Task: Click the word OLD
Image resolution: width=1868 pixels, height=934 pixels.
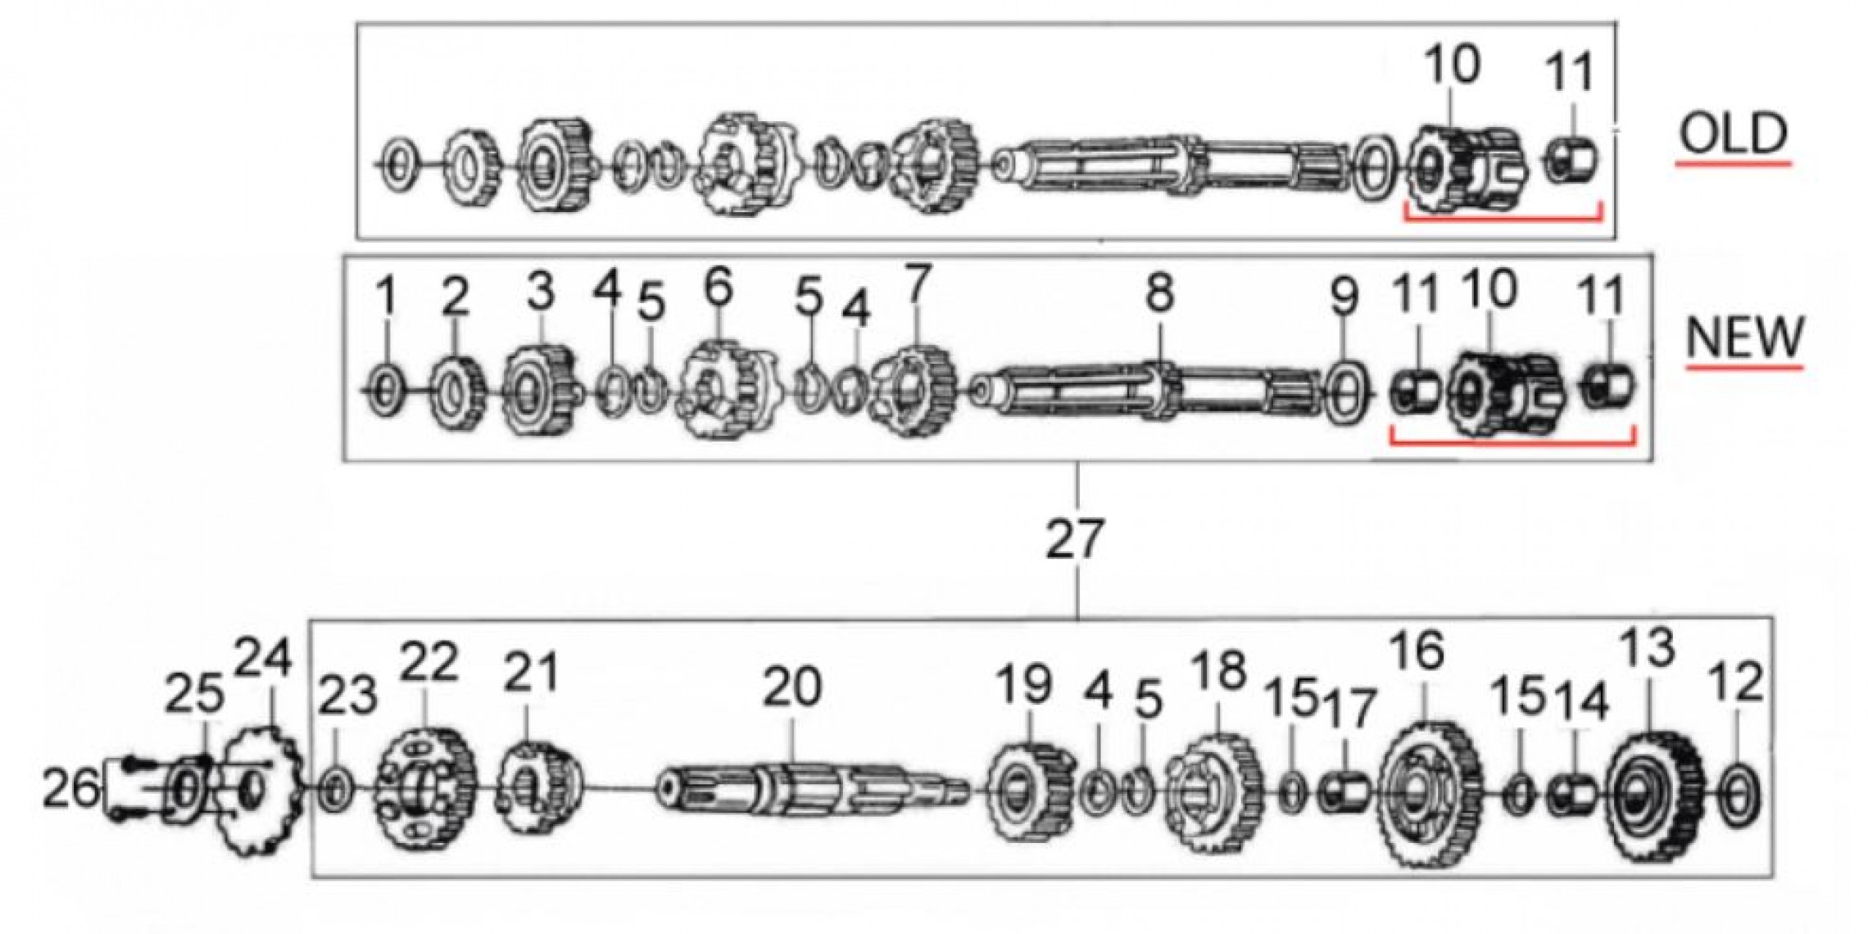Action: tap(1733, 134)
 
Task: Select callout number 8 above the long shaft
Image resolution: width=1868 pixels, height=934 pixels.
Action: tap(1159, 292)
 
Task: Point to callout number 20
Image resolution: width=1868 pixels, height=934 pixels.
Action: tap(791, 687)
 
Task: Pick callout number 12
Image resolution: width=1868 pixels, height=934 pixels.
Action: tap(1736, 682)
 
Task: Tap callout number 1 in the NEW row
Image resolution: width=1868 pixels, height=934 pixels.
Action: tap(388, 297)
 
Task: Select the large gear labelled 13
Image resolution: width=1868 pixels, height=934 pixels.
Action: tap(1653, 787)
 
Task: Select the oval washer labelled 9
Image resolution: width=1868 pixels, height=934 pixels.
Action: tap(1346, 392)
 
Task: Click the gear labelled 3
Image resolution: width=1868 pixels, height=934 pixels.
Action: tap(542, 392)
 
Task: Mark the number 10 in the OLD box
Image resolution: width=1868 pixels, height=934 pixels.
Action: tap(1453, 66)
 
